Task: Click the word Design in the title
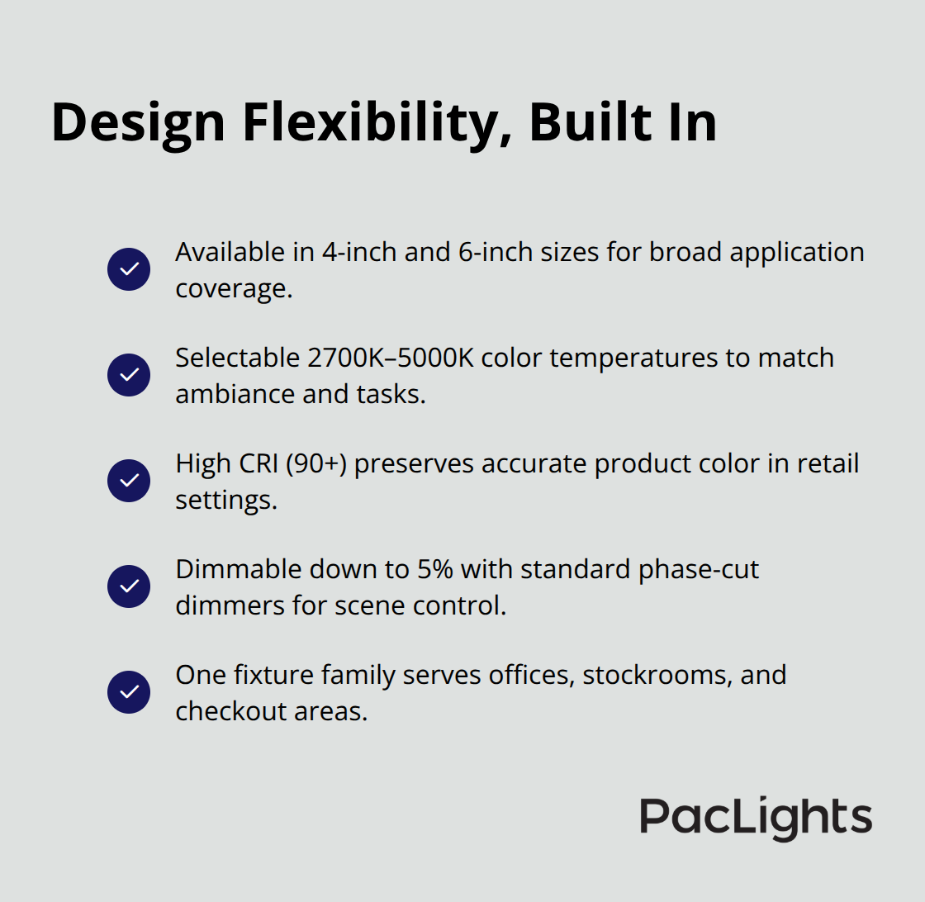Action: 138,122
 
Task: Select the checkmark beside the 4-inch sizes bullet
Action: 129,269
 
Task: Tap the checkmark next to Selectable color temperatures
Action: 129,375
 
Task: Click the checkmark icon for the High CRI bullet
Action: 129,481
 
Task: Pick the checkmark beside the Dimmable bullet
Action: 129,586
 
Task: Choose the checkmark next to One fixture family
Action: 129,692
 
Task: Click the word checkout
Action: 221,711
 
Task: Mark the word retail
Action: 828,463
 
